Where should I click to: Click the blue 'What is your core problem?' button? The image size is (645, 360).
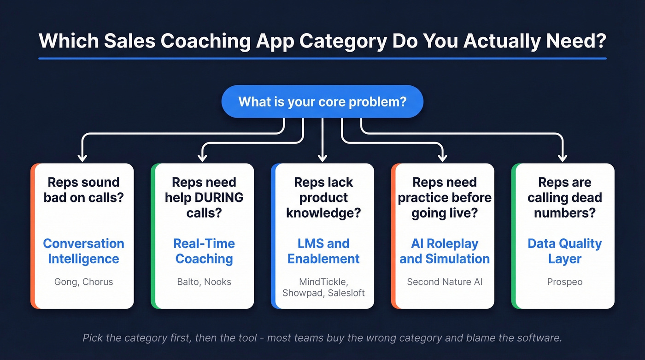322,101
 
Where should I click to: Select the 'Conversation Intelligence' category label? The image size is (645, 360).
83,251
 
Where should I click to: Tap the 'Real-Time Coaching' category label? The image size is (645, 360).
204,251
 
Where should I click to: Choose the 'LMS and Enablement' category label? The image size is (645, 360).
323,251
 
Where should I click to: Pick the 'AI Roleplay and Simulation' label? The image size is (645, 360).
444,251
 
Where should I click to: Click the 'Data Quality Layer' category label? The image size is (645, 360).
564,251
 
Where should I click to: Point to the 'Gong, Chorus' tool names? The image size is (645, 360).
83,282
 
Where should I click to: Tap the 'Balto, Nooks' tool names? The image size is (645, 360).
204,282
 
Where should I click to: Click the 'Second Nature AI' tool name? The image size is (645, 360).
444,282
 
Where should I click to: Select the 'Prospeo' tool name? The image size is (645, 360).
564,282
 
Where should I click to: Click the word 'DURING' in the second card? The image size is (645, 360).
219,198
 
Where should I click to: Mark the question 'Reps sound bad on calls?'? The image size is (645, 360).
83,190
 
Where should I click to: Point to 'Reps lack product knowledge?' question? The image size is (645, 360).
323,198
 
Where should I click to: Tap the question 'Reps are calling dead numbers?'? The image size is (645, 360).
564,198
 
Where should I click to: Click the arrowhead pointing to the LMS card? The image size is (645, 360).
322,157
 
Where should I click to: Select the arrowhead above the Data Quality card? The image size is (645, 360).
563,157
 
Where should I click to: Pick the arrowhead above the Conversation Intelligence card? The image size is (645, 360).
82,157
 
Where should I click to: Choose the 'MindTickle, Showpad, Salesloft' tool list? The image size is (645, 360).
323,287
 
